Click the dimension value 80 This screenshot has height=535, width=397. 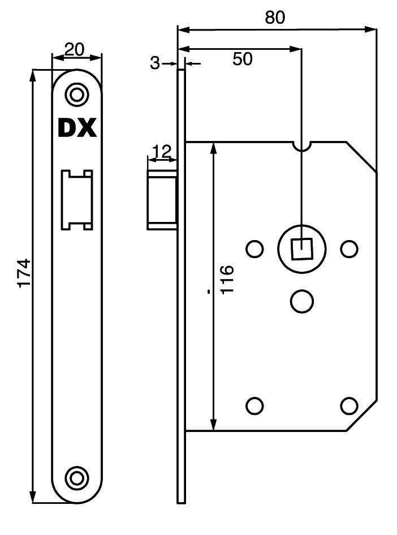pos(275,18)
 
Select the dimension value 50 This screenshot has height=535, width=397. pos(243,59)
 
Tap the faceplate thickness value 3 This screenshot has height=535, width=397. pos(155,63)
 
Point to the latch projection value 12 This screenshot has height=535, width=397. pos(162,152)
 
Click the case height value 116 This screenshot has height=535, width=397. pos(227,279)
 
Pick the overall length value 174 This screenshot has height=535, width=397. pos(24,273)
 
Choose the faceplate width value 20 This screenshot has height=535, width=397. pos(74,50)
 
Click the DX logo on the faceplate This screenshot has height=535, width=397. pos(77,129)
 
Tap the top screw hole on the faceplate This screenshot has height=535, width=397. pos(76,93)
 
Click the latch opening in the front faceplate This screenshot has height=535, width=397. pos(77,200)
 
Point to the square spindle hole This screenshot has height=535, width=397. pos(301,249)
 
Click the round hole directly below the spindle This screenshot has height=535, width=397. pos(302,301)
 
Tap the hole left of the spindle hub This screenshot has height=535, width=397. pos(254,249)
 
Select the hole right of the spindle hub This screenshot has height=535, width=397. pos(349,249)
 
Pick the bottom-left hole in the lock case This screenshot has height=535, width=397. pos(254,406)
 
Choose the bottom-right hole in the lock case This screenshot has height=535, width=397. pos(349,406)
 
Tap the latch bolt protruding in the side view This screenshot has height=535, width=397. pos(162,200)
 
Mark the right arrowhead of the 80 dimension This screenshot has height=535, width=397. pos(371,29)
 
